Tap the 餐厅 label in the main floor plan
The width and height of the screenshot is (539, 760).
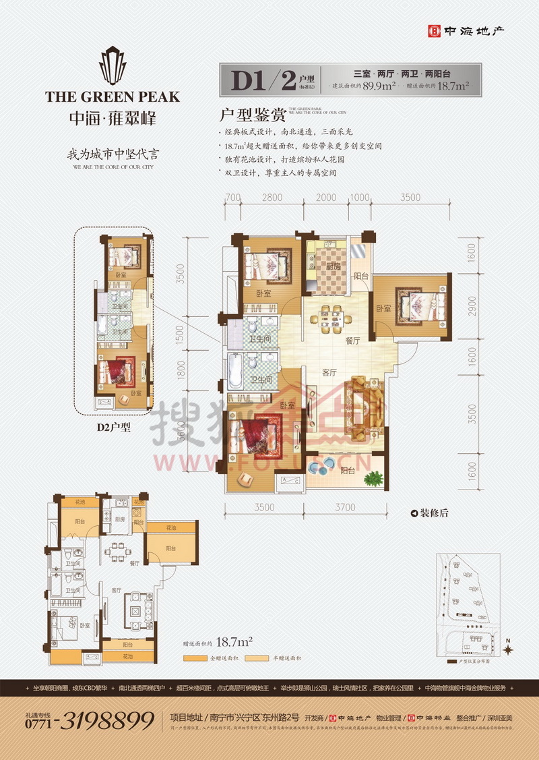pyautogui.click(x=354, y=341)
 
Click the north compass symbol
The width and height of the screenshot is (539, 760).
pyautogui.click(x=509, y=649)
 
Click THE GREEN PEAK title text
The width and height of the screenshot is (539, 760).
pyautogui.click(x=113, y=96)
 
